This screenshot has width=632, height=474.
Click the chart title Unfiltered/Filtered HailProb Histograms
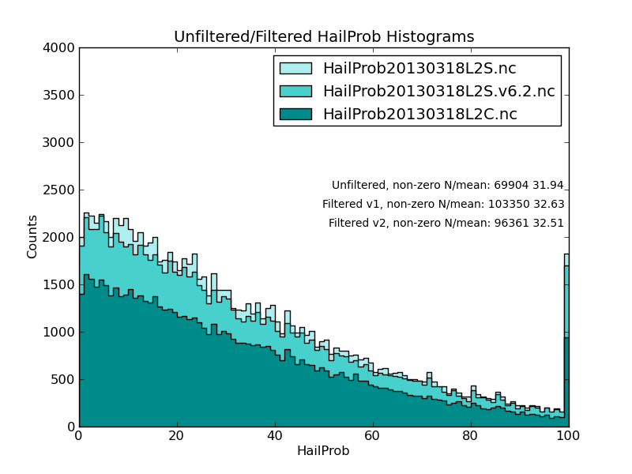coord(324,37)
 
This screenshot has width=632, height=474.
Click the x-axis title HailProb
coord(322,451)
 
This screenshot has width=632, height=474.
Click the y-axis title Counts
coord(32,236)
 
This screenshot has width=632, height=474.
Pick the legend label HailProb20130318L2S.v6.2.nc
coord(438,92)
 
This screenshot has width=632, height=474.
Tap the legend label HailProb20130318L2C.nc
coord(419,115)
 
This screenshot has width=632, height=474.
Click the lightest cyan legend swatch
coord(295,69)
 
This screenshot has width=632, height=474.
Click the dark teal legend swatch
coord(295,115)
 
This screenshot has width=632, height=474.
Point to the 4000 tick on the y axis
coord(61,48)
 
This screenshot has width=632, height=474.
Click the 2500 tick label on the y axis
coord(61,190)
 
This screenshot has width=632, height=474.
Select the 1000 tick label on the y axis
coord(61,333)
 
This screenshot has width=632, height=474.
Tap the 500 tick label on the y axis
coord(64,380)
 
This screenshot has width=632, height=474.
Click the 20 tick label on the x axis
coord(177,435)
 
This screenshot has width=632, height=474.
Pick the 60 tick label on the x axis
coord(373,435)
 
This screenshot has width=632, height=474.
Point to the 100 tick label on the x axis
coord(568,435)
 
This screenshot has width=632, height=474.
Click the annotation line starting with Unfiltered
coord(447,186)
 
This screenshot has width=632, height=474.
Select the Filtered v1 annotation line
coord(443,205)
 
